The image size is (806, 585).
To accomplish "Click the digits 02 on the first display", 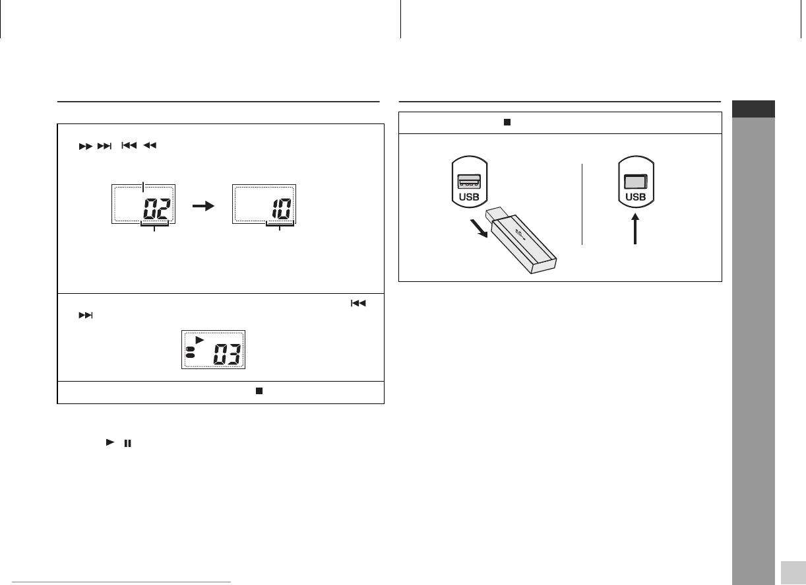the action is tap(156, 209).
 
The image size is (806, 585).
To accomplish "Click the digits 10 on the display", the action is tap(282, 209).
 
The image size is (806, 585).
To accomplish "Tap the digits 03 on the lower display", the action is tap(227, 354).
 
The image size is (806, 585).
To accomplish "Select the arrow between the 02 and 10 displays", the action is tap(203, 206).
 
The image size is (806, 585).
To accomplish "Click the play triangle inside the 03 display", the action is tap(200, 340).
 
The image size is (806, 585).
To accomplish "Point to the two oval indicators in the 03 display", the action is tap(191, 353).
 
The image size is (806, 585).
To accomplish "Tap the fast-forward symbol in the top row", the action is tap(86, 147).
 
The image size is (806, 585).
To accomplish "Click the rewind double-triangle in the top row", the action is tap(150, 145).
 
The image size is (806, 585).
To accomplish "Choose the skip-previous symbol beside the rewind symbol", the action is tap(129, 145).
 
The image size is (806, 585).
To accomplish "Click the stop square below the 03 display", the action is tap(259, 391).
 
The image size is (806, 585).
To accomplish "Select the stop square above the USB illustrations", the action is tap(507, 122).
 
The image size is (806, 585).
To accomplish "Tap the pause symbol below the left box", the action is tap(128, 444).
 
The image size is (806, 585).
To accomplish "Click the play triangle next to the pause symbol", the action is tap(110, 442).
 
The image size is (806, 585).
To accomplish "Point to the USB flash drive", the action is tap(521, 240).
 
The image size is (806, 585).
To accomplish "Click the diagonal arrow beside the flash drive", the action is tap(479, 228).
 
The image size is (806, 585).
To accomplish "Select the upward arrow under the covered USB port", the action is tap(635, 228).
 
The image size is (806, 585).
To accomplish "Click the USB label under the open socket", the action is tap(469, 197).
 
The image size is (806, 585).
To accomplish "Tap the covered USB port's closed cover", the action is tap(635, 181).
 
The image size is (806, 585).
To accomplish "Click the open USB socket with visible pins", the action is tap(469, 181).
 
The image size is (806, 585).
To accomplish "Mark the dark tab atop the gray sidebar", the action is tap(753, 109).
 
